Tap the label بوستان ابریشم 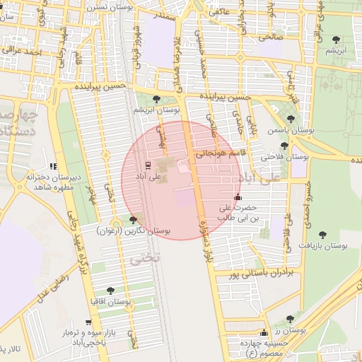pos(158,111)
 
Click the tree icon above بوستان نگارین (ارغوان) pos(134,221)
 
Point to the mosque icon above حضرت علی pos(237,198)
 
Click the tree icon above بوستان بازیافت pos(322,234)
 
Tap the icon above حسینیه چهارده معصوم pos(264,332)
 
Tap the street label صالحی pos(270,35)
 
